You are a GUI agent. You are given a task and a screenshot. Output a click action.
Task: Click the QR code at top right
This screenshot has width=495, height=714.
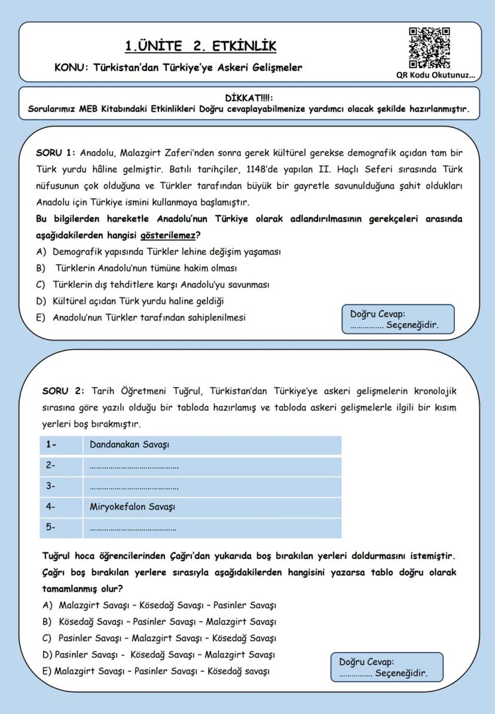click(x=429, y=48)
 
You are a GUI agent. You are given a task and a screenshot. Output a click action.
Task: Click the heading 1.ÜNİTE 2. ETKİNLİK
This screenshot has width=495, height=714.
click(x=201, y=46)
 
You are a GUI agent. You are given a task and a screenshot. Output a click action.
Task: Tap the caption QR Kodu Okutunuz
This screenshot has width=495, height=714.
click(x=435, y=75)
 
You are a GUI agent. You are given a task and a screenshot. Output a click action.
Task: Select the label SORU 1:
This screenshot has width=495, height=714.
click(x=56, y=153)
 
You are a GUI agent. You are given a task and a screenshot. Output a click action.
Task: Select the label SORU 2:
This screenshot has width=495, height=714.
click(x=63, y=392)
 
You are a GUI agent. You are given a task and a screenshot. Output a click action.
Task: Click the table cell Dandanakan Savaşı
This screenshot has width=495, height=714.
click(x=129, y=445)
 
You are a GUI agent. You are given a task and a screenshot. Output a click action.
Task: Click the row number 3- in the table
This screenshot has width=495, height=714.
click(x=51, y=487)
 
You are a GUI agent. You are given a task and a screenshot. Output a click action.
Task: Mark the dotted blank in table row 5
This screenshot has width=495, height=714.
click(x=133, y=529)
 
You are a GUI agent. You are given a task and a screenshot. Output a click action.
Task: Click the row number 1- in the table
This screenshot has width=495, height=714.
click(x=51, y=445)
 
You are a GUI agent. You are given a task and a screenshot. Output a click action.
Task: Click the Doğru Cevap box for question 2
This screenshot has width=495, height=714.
click(x=387, y=667)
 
